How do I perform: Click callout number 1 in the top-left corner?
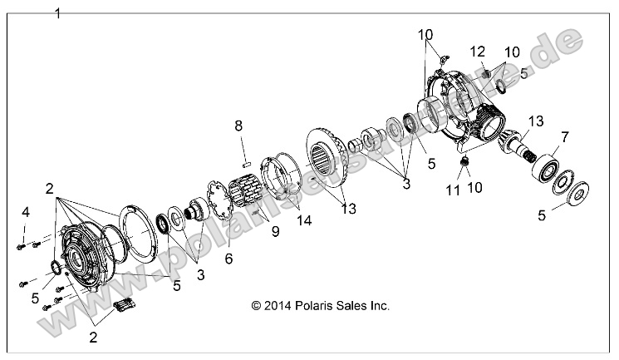56,13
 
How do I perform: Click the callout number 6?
228,259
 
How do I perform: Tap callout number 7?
565,136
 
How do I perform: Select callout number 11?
452,190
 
